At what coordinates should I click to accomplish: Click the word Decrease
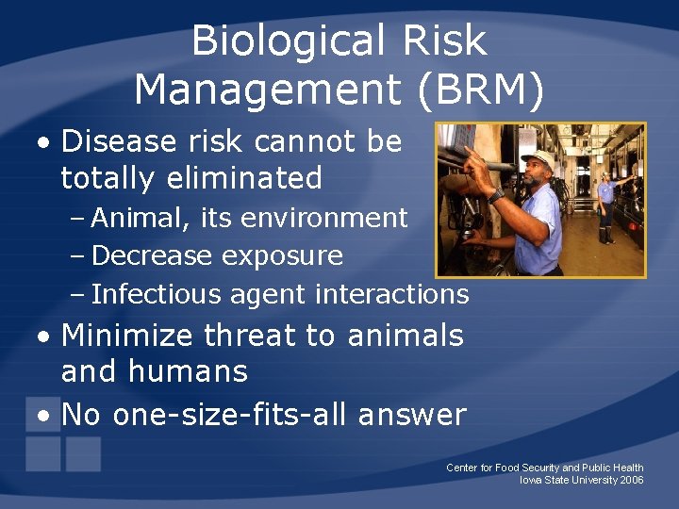coord(153,255)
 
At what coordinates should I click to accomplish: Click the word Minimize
coord(127,335)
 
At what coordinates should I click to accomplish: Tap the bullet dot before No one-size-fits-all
coord(44,415)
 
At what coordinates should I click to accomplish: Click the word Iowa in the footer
coord(530,480)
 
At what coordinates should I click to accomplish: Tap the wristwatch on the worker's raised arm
coord(496,195)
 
